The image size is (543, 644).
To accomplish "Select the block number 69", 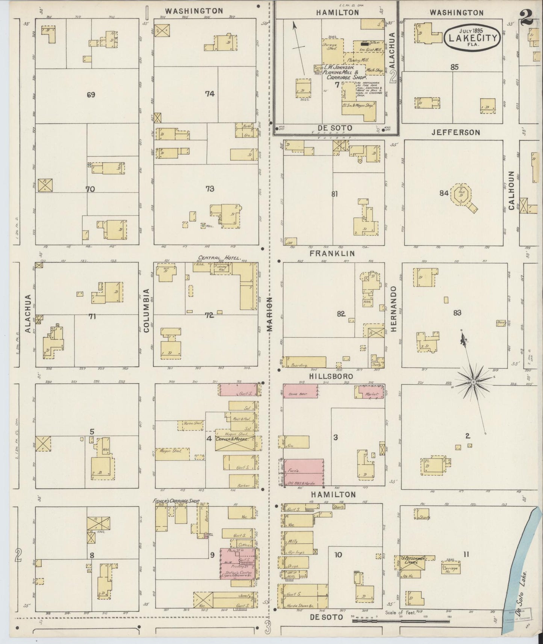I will pos(91,95).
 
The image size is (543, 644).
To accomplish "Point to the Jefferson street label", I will pos(455,132).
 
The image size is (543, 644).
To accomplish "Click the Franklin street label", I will pos(332,254).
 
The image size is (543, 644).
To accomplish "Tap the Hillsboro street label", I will pos(326,376).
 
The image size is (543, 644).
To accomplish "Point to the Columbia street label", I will pos(146,310).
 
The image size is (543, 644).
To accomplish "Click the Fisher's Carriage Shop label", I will pos(176,501).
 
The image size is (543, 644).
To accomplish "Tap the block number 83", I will pos(457,313).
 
